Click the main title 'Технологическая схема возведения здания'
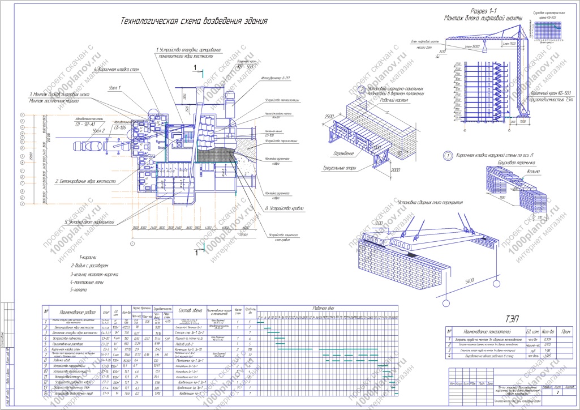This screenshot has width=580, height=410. [x=194, y=21]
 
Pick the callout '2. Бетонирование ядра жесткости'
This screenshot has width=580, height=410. [x=85, y=181]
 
